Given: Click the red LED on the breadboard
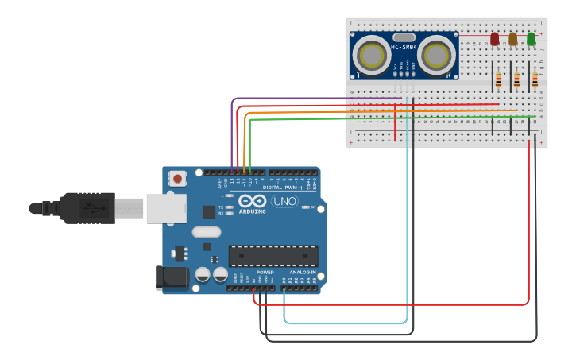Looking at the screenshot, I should (494, 38).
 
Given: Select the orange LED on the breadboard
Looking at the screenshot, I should (512, 38).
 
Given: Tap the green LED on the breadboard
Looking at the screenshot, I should (531, 38).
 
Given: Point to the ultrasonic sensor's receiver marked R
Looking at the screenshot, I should (436, 55).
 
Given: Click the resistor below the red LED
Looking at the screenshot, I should (498, 79).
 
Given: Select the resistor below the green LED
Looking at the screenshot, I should (535, 79).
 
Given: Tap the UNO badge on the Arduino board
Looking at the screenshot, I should (284, 201).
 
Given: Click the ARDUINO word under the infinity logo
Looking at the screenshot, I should (252, 212).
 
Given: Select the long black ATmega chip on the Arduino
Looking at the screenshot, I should (273, 255).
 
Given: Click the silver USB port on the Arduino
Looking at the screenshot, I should (165, 207).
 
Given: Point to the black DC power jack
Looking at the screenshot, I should (170, 277).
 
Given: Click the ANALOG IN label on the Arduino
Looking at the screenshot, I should (303, 272).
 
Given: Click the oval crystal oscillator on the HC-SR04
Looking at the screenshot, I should (404, 37).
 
